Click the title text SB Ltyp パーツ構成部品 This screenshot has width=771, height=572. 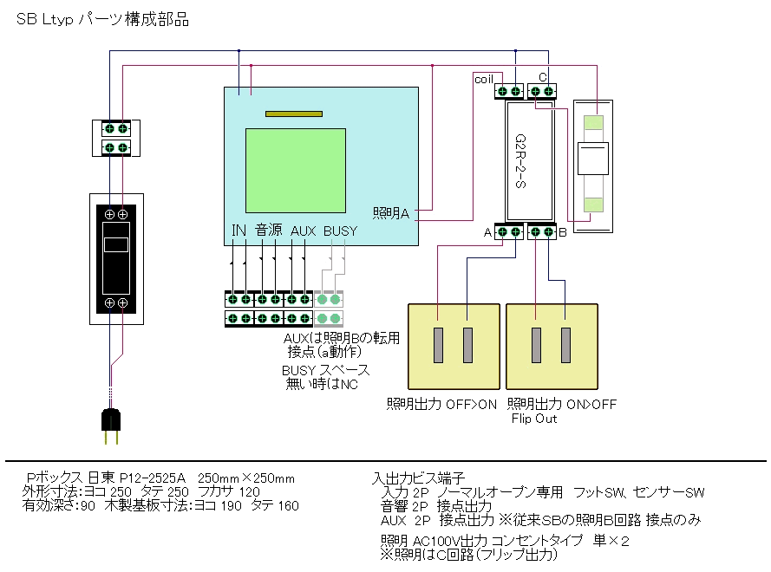pos(102,19)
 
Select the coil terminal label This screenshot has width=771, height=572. pos(483,79)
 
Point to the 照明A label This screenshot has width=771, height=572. pos(390,212)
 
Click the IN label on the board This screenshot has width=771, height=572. pos(239,231)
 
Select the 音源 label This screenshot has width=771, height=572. pos(269,231)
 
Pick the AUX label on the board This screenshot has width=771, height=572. pos(303,231)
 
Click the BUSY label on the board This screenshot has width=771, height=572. pos(340,231)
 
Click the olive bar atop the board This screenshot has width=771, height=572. pos(294,114)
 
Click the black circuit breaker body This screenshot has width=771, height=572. pos(116,259)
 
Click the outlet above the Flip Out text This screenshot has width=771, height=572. pos(552,346)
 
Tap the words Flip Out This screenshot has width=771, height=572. pos(533,419)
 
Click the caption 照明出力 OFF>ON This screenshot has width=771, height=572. pos(441,405)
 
